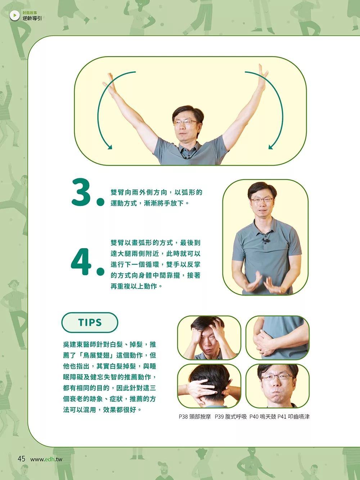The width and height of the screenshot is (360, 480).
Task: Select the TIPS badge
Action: (90, 322)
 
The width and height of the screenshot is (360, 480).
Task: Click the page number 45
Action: (22, 458)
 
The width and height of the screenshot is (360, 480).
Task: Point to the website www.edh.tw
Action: (46, 459)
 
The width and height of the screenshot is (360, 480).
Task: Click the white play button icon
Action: (15, 15)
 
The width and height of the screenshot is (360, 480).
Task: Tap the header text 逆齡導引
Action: (32, 18)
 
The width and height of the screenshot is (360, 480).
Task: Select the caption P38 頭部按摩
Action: (195, 417)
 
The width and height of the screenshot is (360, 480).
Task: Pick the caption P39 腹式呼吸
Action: (231, 417)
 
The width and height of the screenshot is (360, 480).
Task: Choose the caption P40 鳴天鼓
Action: (263, 417)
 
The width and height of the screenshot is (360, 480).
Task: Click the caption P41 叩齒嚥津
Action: (293, 417)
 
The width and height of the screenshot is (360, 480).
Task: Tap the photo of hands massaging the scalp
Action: (209, 338)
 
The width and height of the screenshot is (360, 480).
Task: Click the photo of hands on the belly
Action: (278, 338)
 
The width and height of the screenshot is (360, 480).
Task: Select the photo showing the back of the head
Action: (209, 386)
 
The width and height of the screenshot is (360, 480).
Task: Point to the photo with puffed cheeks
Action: (278, 386)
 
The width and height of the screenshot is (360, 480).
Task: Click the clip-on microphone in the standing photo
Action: (266, 241)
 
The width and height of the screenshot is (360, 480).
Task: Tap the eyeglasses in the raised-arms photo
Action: (186, 122)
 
